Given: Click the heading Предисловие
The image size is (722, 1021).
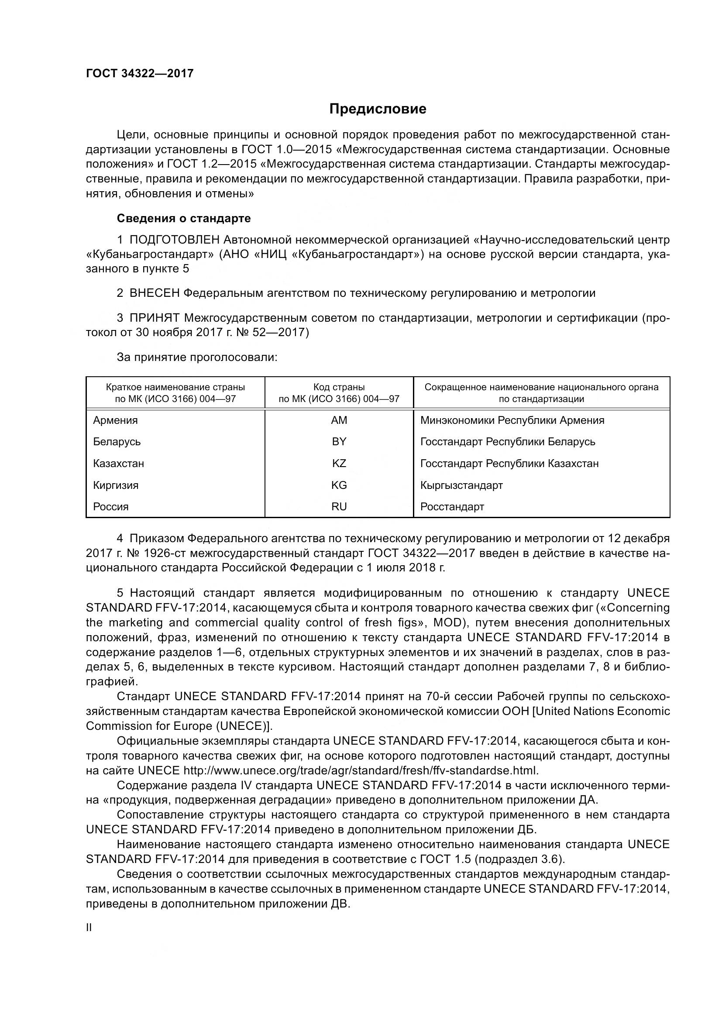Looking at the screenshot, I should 378,109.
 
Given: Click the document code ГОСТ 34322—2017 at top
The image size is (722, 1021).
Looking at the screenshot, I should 140,73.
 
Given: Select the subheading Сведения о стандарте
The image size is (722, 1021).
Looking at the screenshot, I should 184,218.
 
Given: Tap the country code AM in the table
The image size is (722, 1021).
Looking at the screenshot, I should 339,420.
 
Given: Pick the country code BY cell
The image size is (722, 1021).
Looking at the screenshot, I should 339,442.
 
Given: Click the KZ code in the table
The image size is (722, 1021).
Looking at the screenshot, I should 339,464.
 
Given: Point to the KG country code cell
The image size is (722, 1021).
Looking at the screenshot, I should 339,485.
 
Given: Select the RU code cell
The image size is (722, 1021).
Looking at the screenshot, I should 339,506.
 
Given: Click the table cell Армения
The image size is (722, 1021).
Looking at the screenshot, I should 115,420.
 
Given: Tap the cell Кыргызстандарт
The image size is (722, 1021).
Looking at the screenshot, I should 461,485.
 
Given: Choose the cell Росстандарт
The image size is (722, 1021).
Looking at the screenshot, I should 452,506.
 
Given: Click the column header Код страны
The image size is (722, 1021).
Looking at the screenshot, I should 339,387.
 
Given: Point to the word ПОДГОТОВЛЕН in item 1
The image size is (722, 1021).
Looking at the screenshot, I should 174,240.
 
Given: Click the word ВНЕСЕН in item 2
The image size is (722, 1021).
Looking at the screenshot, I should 154,293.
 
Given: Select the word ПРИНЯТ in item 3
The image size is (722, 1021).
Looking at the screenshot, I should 154,318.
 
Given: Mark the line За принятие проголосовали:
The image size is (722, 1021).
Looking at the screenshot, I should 197,357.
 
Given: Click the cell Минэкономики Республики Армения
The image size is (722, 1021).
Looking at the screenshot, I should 512,420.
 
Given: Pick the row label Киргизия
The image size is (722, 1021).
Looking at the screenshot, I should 116,485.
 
